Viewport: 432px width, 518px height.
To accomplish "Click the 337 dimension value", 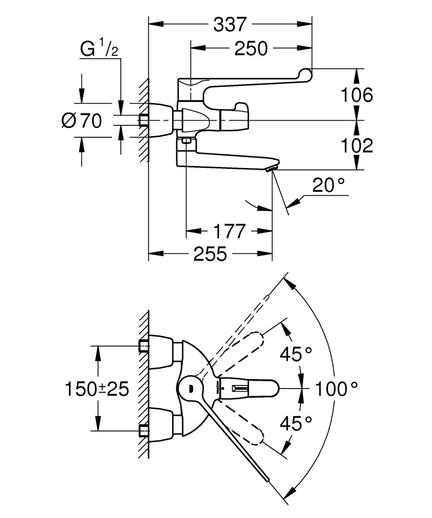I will [230, 24].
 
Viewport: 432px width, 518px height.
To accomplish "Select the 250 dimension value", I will [251, 49].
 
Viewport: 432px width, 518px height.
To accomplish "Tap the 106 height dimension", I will [358, 95].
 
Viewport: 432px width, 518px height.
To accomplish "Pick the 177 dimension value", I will [230, 231].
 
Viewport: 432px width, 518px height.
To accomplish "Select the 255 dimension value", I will [210, 254].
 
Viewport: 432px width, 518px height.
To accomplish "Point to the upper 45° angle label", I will [296, 355].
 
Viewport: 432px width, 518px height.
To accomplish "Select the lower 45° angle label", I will [296, 423].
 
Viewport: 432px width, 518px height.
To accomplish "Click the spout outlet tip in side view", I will [272, 168].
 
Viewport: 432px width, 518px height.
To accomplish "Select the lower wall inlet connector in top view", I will [144, 430].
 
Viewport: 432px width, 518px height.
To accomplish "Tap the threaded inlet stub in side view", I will [143, 121].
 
